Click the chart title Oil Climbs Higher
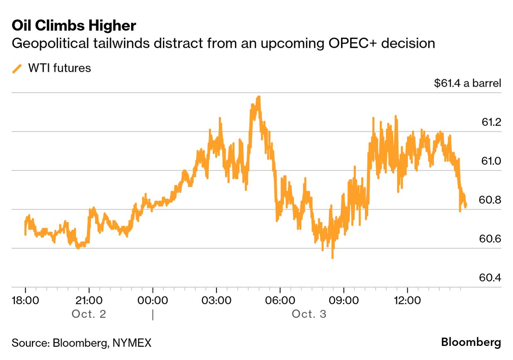coord(74,26)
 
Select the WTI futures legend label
coord(59,68)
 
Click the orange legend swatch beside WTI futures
coord(17,68)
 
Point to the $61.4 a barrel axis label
coord(467,83)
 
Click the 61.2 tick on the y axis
coord(491,122)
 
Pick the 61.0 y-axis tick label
coord(491,161)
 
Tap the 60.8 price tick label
coord(491,200)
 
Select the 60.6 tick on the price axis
coord(491,239)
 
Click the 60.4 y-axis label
coord(491,277)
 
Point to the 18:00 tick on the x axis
coord(25,300)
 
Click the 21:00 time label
coord(89,300)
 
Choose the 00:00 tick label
coord(153,300)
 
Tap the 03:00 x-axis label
coord(216,300)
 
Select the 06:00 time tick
coord(280,300)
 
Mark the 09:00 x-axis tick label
coord(343,300)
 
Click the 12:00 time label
coord(407,300)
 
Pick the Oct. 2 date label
coord(89,314)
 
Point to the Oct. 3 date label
coord(309,314)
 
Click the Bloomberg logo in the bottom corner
coord(471,343)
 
